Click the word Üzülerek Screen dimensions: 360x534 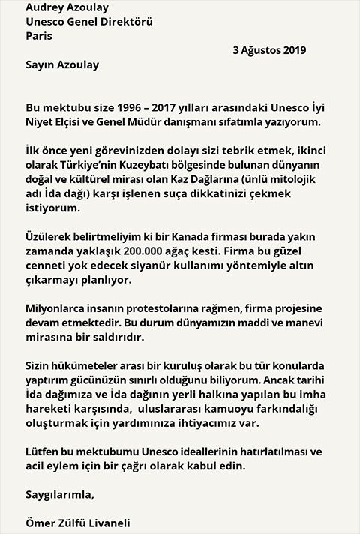(50, 235)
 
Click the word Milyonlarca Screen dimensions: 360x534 (58, 307)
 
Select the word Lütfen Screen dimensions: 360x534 (43, 451)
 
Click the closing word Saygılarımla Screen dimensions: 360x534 (60, 495)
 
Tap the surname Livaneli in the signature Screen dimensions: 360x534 (115, 523)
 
